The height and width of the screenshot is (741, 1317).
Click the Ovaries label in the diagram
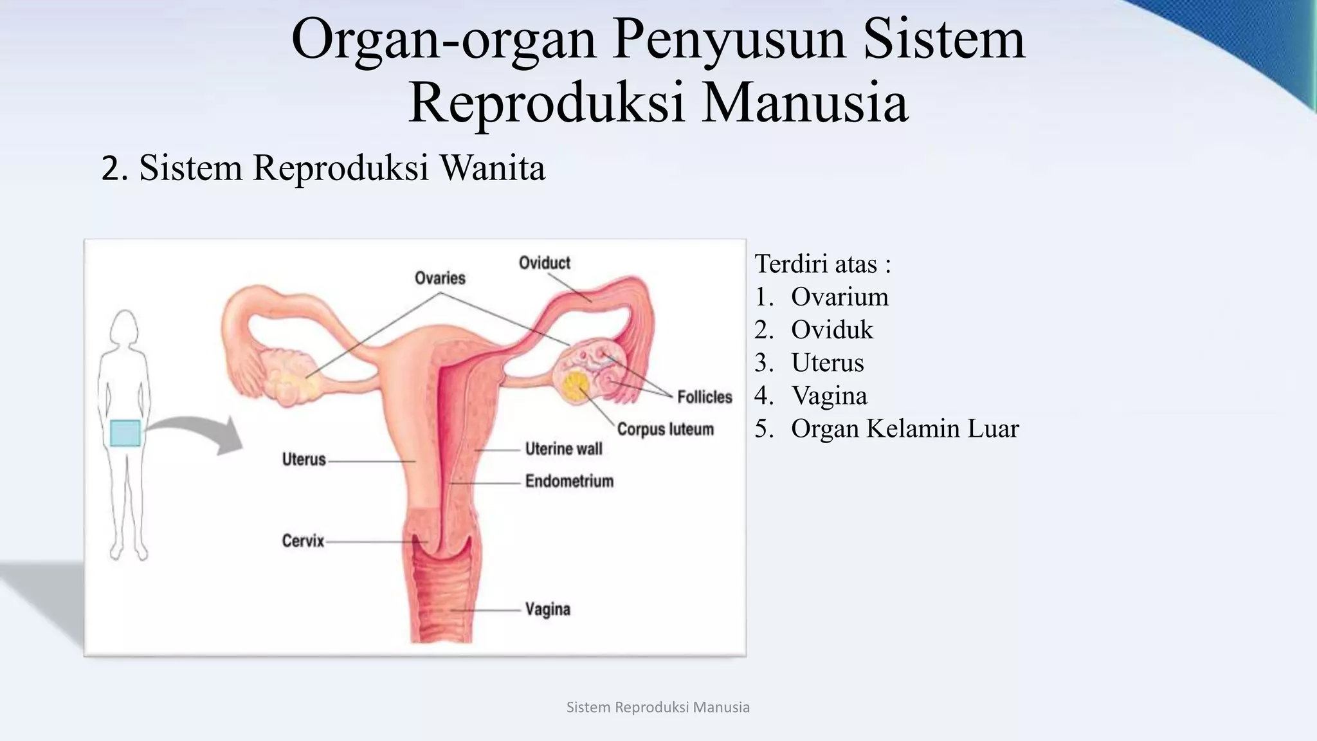(x=440, y=278)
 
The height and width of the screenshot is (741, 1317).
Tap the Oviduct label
(x=544, y=263)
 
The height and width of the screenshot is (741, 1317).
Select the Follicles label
(x=704, y=397)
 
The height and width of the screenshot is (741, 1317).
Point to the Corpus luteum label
(x=665, y=429)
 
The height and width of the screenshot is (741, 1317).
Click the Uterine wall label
(x=563, y=449)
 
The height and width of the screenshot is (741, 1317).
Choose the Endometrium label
(x=569, y=481)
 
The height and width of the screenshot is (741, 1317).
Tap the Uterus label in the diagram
(x=304, y=460)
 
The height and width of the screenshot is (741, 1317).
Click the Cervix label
(x=303, y=541)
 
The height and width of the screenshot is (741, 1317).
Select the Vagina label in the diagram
(x=547, y=609)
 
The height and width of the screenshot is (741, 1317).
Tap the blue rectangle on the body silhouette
(x=125, y=433)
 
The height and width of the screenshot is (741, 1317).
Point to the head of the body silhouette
(x=124, y=328)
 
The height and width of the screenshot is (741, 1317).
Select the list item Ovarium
(x=839, y=297)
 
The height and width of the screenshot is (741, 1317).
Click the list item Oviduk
(x=831, y=330)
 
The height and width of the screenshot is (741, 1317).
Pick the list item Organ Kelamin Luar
(x=904, y=429)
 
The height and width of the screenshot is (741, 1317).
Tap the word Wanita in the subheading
(x=492, y=168)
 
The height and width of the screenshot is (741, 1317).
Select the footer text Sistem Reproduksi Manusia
(x=658, y=708)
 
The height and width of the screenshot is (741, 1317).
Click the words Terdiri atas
(x=816, y=264)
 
